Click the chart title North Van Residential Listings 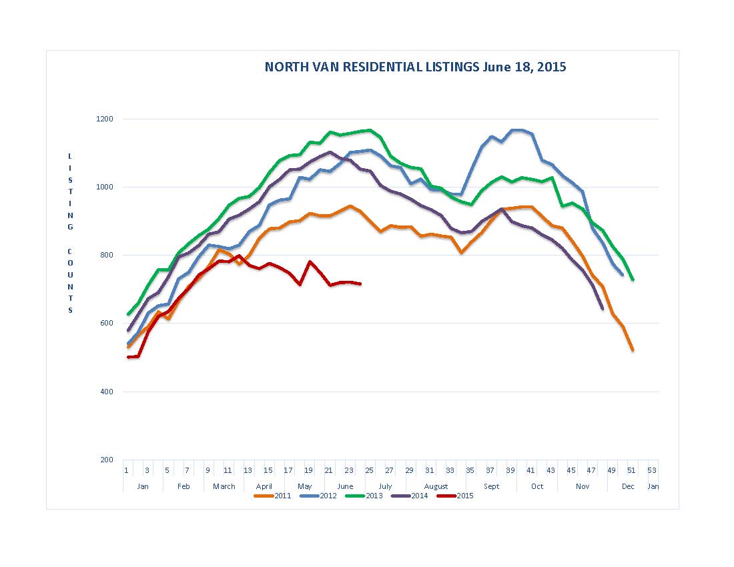click(415, 67)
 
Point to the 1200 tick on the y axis click(107, 119)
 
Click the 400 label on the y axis click(107, 392)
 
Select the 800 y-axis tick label click(107, 255)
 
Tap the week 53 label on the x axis click(652, 470)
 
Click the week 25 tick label click(369, 470)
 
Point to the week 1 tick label click(126, 470)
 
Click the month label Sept click(491, 486)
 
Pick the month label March click(224, 486)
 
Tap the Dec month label click(628, 486)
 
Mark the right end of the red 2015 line click(360, 284)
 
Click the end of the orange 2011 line click(633, 350)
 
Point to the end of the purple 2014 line click(603, 309)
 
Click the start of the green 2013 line click(128, 314)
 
